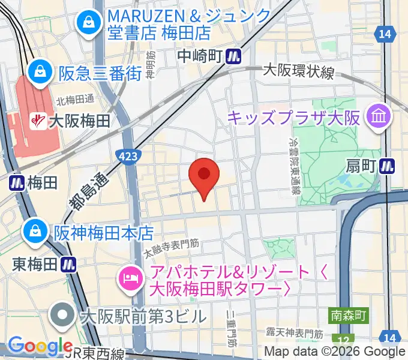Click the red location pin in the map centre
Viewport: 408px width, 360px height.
204,175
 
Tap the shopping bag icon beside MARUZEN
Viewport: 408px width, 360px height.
88,23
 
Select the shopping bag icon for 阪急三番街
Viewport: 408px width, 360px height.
40,71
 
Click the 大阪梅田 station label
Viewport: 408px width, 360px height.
79,121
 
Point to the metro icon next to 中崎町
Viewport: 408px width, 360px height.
234,56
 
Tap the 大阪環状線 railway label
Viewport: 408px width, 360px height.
298,71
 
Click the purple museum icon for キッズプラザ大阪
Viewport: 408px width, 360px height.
379,115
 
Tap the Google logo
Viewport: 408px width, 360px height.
40,346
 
